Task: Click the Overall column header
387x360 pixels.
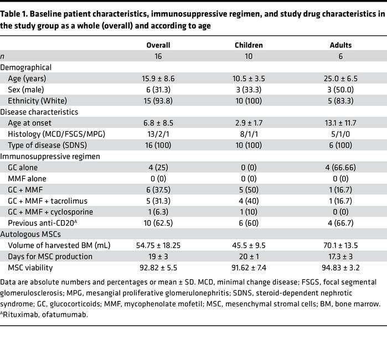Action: (158, 45)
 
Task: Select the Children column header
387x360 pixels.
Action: (249, 45)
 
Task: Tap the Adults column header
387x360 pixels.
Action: (340, 45)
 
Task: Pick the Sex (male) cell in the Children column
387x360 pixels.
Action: (249, 90)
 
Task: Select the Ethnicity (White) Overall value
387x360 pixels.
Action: (158, 101)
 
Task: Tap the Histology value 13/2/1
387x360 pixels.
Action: (158, 134)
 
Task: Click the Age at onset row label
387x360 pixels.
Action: (31, 123)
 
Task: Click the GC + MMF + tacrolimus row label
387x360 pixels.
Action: (51, 201)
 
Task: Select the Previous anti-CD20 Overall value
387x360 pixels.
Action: (158, 223)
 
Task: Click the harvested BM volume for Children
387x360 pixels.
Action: (249, 245)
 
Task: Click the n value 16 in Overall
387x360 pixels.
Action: (158, 56)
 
